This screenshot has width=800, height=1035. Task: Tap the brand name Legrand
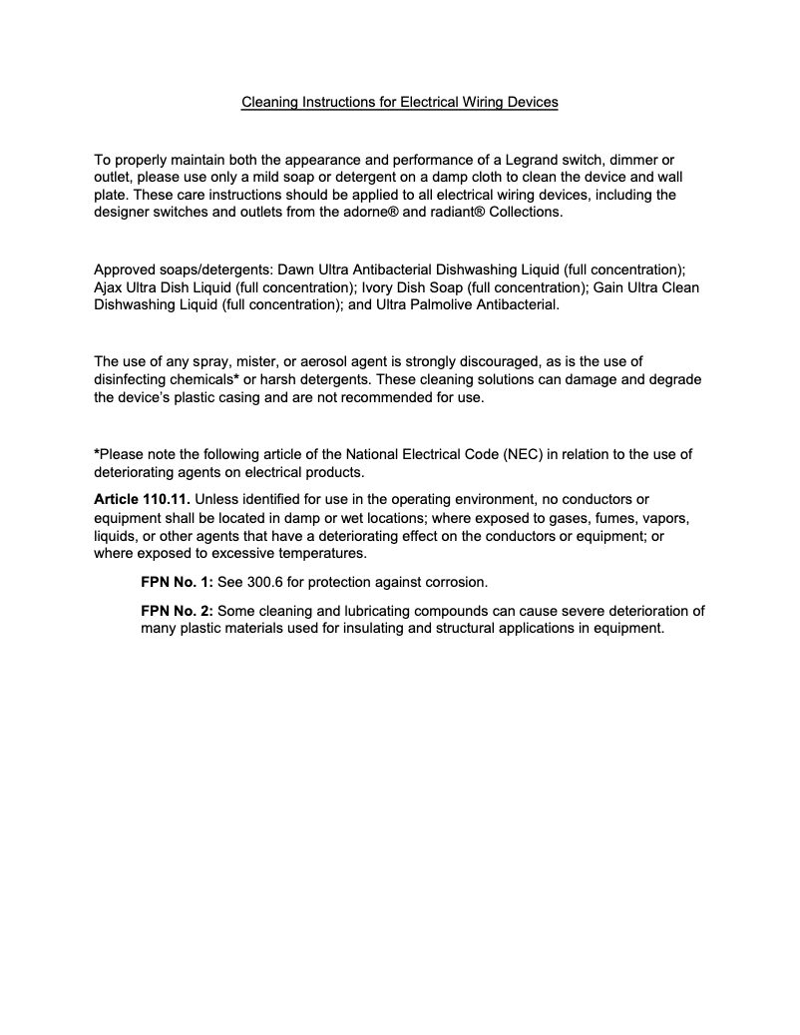click(x=510, y=160)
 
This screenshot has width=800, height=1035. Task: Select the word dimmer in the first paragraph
click(x=614, y=160)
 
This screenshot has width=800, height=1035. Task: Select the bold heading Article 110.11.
click(x=141, y=498)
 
